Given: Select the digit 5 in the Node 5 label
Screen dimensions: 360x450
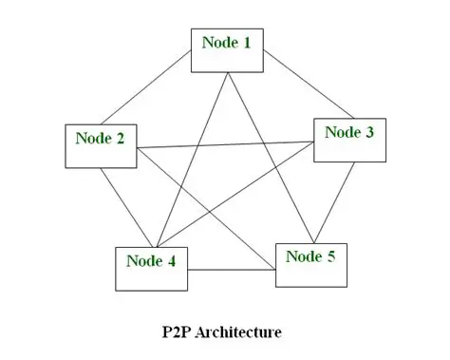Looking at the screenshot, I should coord(331,256).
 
